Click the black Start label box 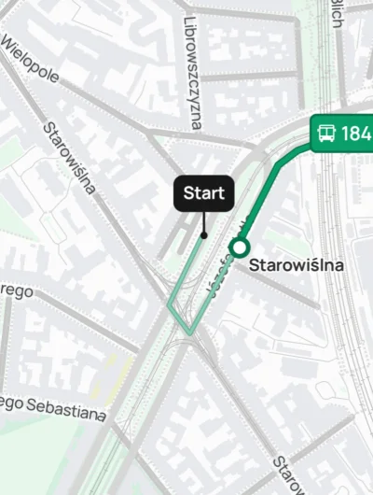tap(204, 193)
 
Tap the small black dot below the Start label tap(204, 234)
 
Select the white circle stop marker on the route tap(240, 247)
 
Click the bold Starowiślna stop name tap(297, 265)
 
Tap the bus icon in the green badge tap(325, 133)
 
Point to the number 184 tap(356, 134)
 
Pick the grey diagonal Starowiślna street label tap(70, 158)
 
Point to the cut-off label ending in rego tap(16, 292)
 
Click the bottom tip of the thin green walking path tap(189, 333)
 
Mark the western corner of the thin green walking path tap(168, 304)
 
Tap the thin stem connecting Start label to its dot tap(204, 221)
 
